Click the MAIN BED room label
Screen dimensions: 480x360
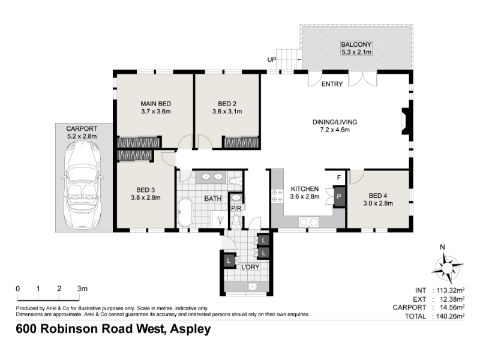156,104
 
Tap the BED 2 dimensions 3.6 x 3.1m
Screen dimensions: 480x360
227,112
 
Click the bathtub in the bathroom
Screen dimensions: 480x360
185,212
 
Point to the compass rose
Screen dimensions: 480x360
447,268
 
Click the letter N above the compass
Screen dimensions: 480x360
442,247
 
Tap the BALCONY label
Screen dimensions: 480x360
356,44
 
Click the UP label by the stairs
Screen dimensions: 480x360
272,59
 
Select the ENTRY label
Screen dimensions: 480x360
332,84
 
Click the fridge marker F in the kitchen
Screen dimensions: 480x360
339,178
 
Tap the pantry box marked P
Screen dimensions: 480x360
339,197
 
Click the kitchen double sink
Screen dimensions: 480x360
308,221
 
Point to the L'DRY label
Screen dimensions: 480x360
250,267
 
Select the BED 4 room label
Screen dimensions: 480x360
378,196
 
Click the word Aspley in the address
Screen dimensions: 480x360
190,329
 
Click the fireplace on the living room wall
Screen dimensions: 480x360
406,121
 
